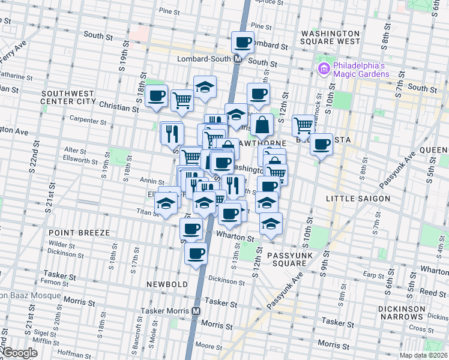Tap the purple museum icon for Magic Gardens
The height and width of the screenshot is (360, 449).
tap(324, 68)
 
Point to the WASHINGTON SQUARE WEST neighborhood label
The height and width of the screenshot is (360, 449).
tap(331, 37)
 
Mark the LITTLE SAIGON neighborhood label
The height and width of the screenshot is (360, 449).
tap(358, 198)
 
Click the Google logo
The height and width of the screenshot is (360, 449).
tap(20, 353)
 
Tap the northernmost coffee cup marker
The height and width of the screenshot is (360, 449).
tap(243, 42)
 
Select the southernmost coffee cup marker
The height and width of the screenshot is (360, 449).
tap(196, 253)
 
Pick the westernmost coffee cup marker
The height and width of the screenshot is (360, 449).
tap(157, 95)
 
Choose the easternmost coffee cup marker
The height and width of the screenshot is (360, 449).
tap(322, 144)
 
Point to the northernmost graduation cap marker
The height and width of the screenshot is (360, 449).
tap(205, 86)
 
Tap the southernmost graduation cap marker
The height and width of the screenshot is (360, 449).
tap(271, 223)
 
